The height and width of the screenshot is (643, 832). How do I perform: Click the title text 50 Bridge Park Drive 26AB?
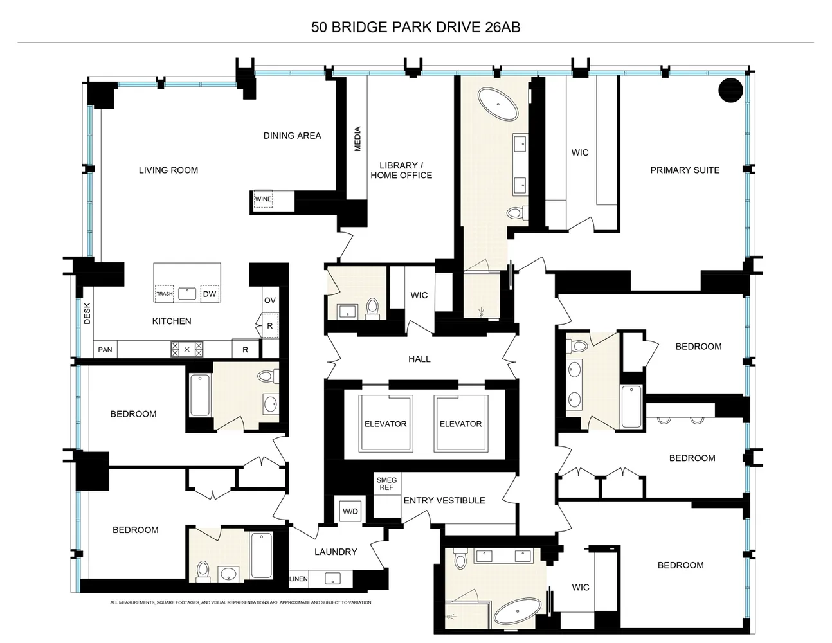pos(415,27)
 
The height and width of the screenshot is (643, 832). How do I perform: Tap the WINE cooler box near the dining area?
pos(263,199)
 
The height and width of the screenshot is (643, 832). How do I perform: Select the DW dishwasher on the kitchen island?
pos(210,294)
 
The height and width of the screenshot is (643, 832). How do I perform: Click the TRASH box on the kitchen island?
pos(164,294)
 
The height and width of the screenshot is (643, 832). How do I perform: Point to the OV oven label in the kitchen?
pos(269,300)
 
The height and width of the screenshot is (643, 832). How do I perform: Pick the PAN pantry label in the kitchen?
pos(105,350)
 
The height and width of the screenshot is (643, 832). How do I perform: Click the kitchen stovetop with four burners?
pos(186,349)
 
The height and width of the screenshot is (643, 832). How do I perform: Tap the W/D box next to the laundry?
pos(350,512)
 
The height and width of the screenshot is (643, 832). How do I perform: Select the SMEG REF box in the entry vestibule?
pos(386,484)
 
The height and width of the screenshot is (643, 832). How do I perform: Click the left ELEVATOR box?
pos(385,424)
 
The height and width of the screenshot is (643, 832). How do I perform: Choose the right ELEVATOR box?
pos(460,424)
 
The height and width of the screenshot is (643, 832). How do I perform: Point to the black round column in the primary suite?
pos(730,90)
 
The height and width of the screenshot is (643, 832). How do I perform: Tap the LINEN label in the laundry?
pos(299,579)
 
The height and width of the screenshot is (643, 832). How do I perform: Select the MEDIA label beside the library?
pos(358,139)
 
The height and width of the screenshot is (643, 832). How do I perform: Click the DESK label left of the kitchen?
pos(87,313)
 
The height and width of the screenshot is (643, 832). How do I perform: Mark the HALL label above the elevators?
pos(419,359)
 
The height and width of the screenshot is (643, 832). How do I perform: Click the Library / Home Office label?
pos(401,170)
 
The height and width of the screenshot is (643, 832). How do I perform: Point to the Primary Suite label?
pos(685,170)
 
